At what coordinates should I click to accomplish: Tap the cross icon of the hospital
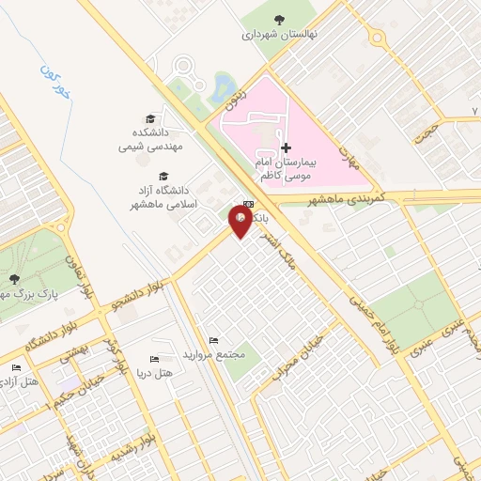286,147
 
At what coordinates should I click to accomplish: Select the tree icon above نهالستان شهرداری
278,19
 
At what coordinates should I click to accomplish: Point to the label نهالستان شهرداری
280,34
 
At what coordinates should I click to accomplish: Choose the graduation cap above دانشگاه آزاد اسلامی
164,176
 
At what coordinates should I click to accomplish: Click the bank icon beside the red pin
248,204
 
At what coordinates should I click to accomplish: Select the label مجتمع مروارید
217,354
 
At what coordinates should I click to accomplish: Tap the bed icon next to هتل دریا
155,360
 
